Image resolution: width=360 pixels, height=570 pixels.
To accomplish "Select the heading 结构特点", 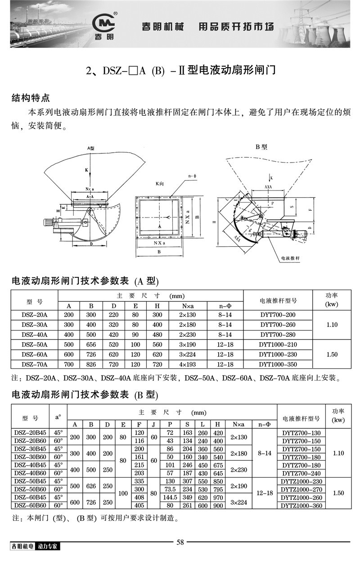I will [31, 98].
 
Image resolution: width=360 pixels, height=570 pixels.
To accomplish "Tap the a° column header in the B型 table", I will [58, 417].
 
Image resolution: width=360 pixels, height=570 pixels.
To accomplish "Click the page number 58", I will [180, 542].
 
